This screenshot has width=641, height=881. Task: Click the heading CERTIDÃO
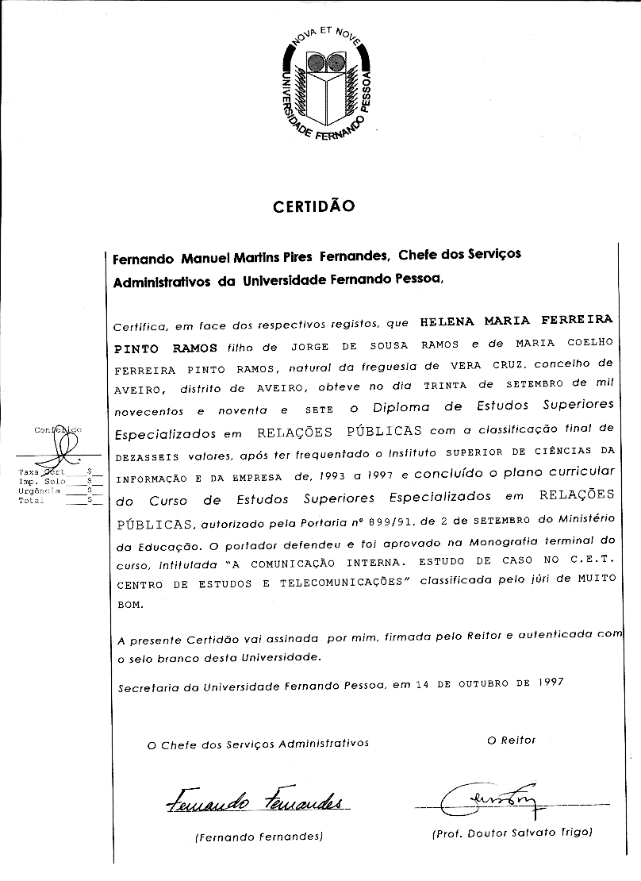pos(313,207)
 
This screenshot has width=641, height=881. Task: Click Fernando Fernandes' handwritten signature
pos(255,802)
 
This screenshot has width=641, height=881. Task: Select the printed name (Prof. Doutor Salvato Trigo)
pos(512,833)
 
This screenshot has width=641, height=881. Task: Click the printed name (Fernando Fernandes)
pos(258,837)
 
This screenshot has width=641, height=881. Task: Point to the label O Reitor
pos(512,740)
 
